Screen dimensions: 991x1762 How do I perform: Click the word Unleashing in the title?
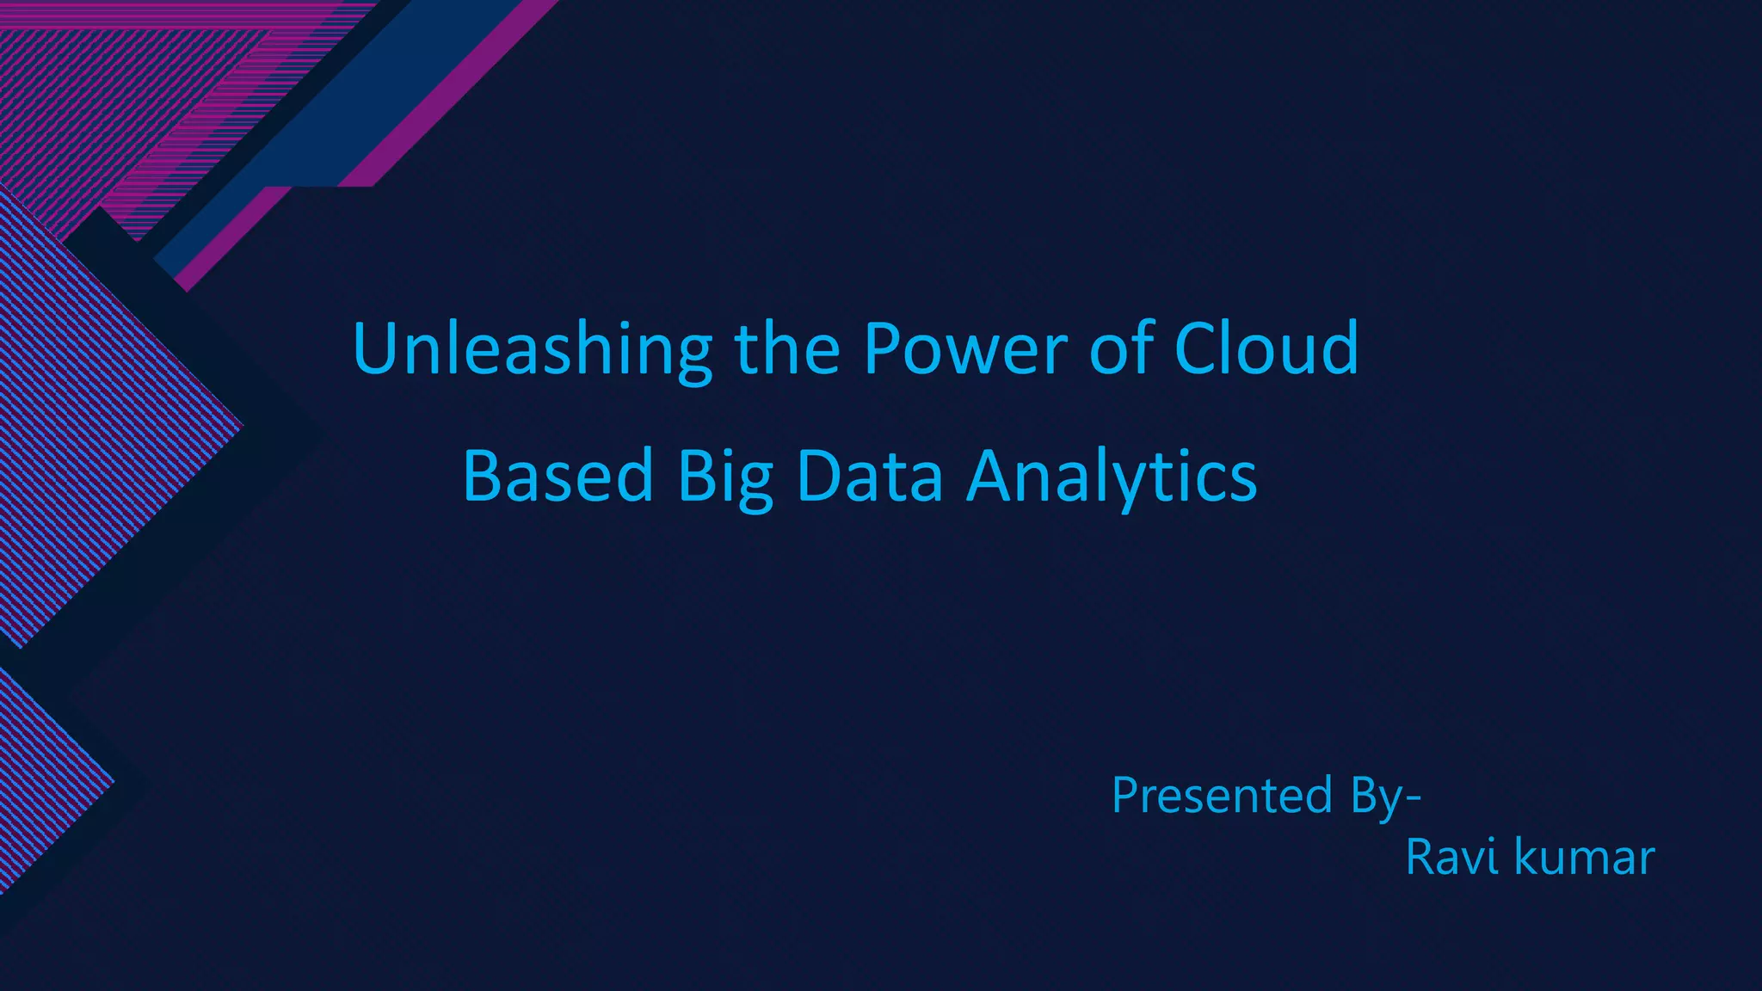(532, 349)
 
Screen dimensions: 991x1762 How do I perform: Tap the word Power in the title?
(964, 349)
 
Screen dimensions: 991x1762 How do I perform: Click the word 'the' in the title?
(786, 349)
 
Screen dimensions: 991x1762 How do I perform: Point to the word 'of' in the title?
(1121, 349)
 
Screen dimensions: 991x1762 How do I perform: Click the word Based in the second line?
(558, 477)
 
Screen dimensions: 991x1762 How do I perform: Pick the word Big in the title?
(724, 478)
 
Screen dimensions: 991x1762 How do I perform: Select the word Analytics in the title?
(1112, 478)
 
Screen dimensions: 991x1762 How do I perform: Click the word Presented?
(1222, 795)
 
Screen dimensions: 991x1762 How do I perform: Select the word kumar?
(1584, 858)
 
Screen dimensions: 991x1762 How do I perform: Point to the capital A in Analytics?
(995, 477)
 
